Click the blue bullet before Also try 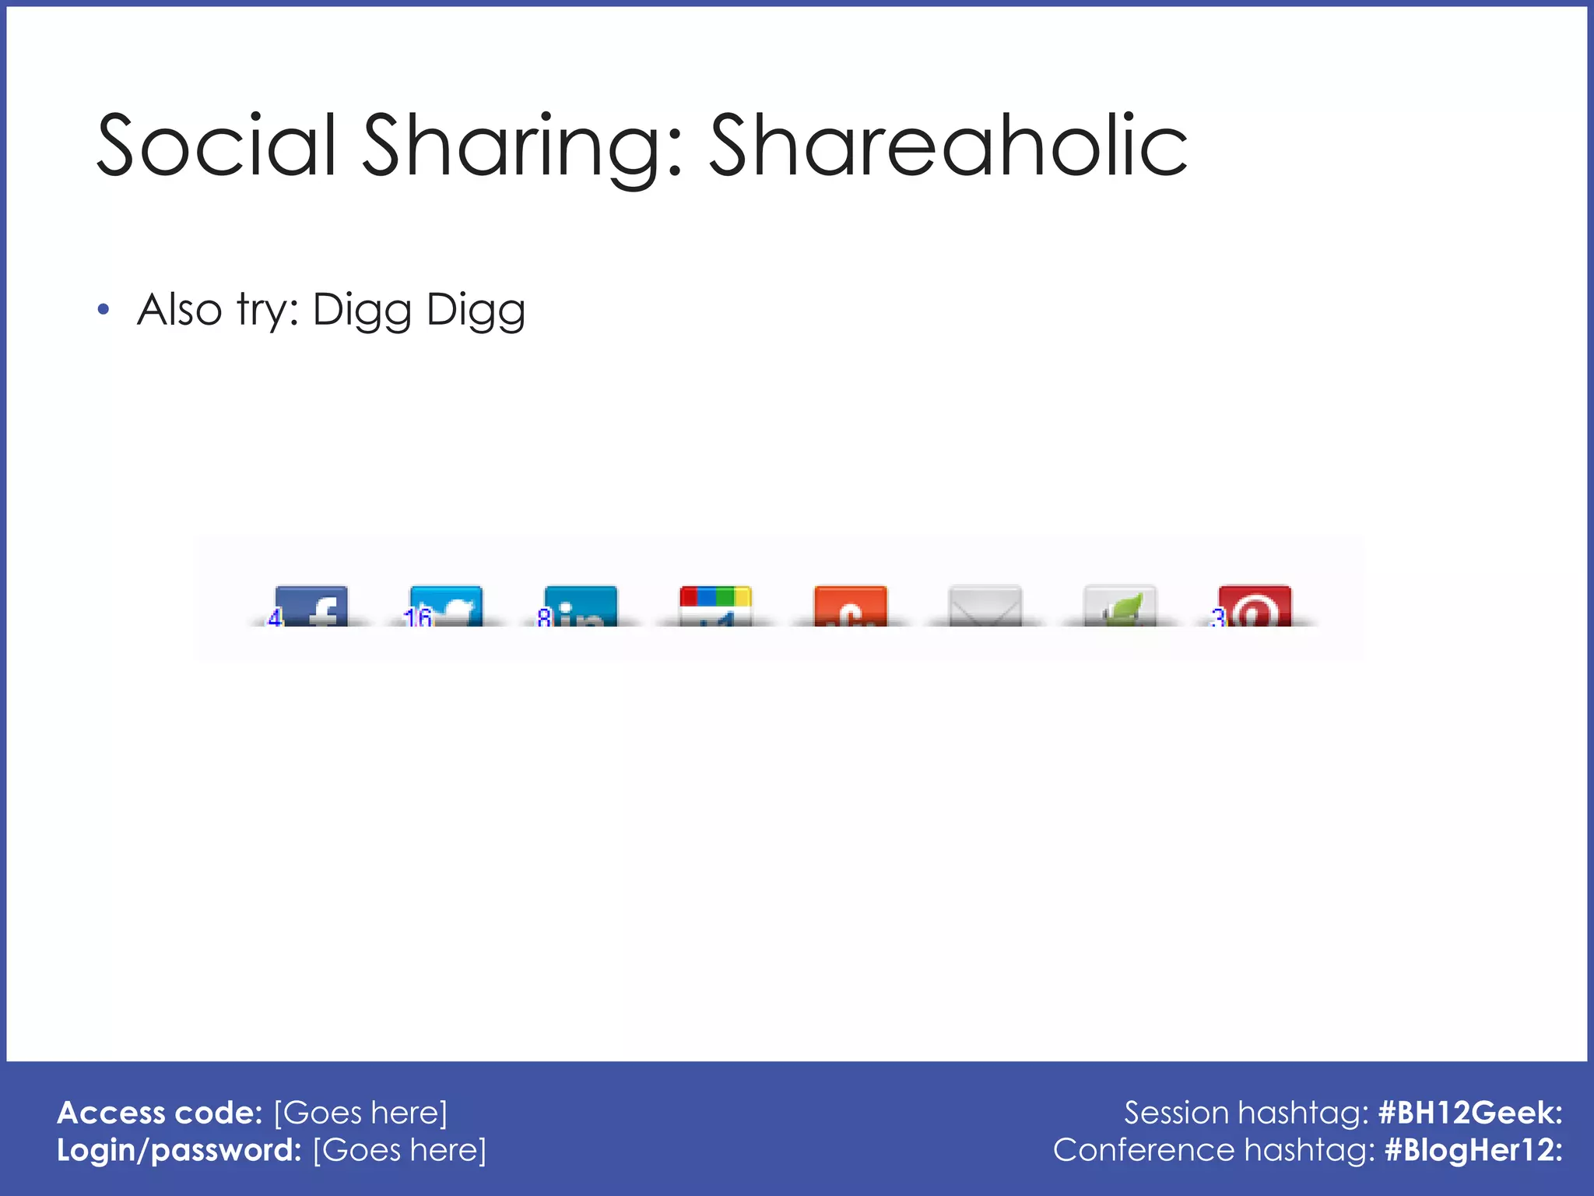click(x=104, y=311)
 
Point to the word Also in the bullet click(x=180, y=310)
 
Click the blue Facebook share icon click(x=312, y=606)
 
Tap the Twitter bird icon click(x=447, y=606)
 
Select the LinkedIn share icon click(x=581, y=606)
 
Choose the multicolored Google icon click(x=715, y=606)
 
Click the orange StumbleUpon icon click(x=850, y=606)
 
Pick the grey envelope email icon click(x=985, y=606)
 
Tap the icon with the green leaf click(x=1119, y=606)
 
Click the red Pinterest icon click(x=1254, y=606)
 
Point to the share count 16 click(x=417, y=618)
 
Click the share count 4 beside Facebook click(x=274, y=618)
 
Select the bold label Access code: click(x=160, y=1113)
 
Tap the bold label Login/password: click(x=179, y=1150)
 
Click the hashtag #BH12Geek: click(x=1469, y=1113)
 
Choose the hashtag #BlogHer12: click(x=1473, y=1150)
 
